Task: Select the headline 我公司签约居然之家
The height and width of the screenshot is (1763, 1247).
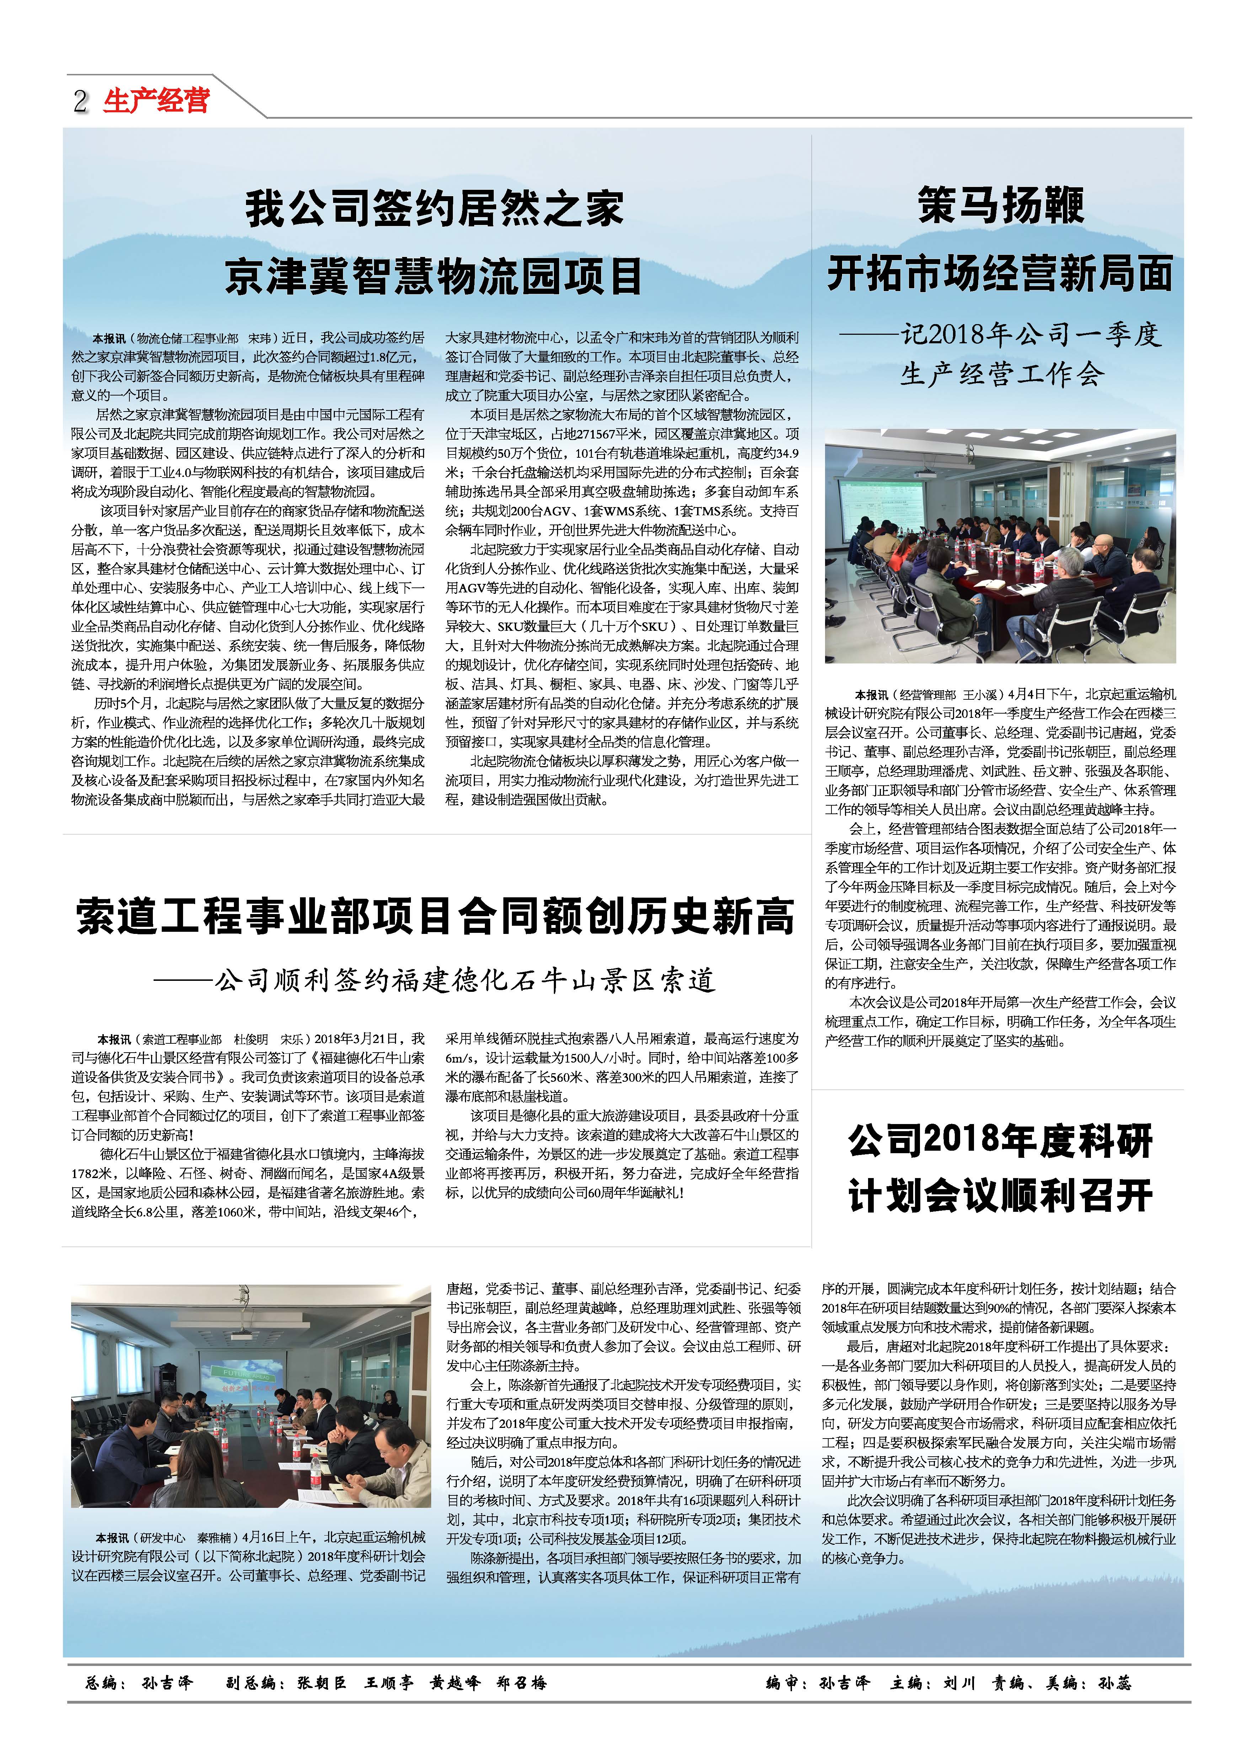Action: pos(435,209)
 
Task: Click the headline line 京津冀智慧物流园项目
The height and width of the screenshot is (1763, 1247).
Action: pos(435,276)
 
